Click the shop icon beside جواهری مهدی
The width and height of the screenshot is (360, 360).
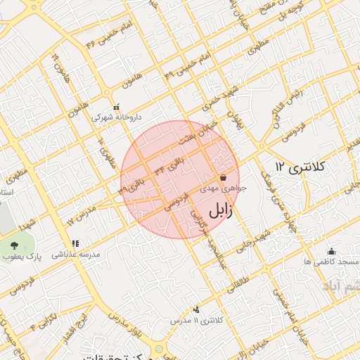coord(223,177)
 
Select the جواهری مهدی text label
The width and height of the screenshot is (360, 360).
coord(224,188)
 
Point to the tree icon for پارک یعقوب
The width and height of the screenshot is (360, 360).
coord(15,245)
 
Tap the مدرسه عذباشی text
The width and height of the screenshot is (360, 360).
coord(74,253)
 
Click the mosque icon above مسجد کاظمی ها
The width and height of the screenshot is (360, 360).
coord(332,250)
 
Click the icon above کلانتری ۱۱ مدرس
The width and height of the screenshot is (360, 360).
coord(195,309)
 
